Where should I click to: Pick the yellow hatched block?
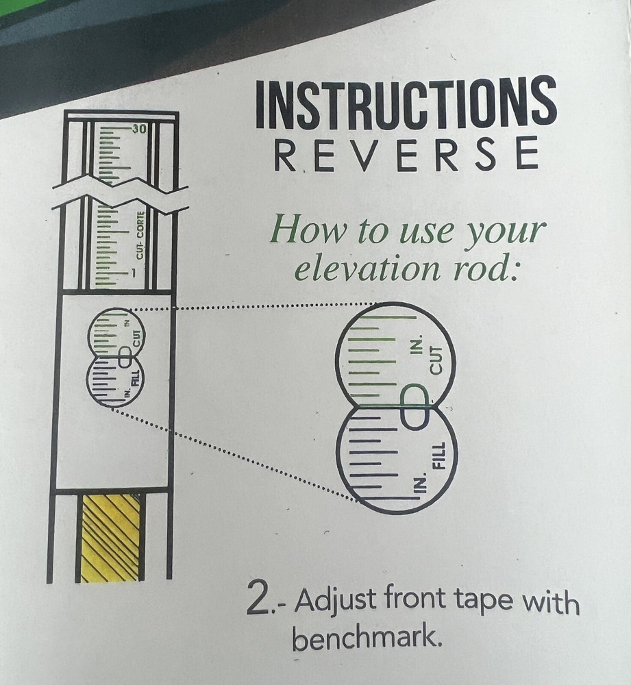(x=110, y=538)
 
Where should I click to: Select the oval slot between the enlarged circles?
(x=414, y=407)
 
